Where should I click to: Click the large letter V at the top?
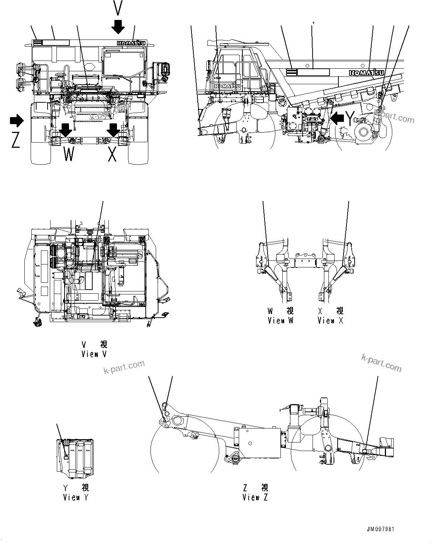click(118, 8)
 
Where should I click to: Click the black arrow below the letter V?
click(119, 27)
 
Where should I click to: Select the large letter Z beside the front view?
click(15, 141)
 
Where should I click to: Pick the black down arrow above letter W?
click(66, 130)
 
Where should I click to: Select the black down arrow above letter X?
click(113, 130)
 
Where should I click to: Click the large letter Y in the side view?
click(350, 118)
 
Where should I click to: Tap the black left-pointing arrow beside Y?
click(337, 118)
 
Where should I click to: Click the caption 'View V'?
click(94, 354)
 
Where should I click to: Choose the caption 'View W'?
click(280, 321)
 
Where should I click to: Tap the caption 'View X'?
click(331, 321)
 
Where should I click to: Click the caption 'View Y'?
click(76, 497)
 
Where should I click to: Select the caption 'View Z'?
click(255, 497)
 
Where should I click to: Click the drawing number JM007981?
click(381, 529)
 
